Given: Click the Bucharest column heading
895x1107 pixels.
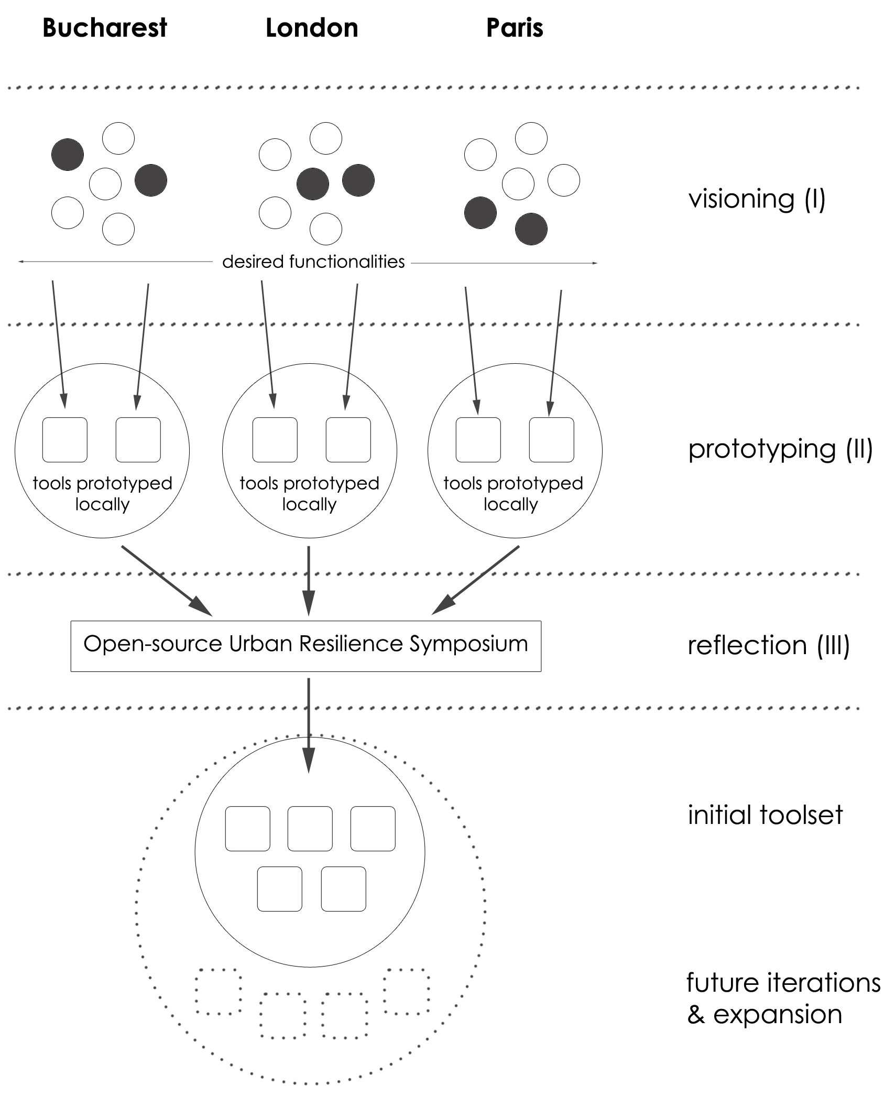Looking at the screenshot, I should tap(104, 28).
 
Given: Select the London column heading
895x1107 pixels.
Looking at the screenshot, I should tap(312, 28).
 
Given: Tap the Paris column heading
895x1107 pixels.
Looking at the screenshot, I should tap(515, 28).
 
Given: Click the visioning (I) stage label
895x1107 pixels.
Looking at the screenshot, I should tap(757, 199).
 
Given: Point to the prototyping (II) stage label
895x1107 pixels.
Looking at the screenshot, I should tap(780, 449).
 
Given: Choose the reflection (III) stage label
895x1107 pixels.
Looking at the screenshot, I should tap(768, 645).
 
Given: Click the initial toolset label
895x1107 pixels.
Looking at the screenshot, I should tap(765, 815).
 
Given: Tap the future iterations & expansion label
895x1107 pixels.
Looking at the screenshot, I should tap(783, 999).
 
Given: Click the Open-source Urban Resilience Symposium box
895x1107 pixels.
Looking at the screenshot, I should tap(305, 646).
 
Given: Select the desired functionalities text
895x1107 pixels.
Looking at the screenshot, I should tap(313, 262).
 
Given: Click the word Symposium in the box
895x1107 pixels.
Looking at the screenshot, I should tap(468, 644).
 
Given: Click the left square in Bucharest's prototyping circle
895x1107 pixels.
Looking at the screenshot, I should tap(65, 440).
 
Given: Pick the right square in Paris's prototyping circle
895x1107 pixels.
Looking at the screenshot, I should tap(551, 440).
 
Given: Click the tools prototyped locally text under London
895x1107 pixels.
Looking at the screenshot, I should tap(309, 493).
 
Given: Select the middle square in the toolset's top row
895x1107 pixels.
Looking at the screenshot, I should tap(310, 828).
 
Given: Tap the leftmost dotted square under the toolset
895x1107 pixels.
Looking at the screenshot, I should tap(219, 991).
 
